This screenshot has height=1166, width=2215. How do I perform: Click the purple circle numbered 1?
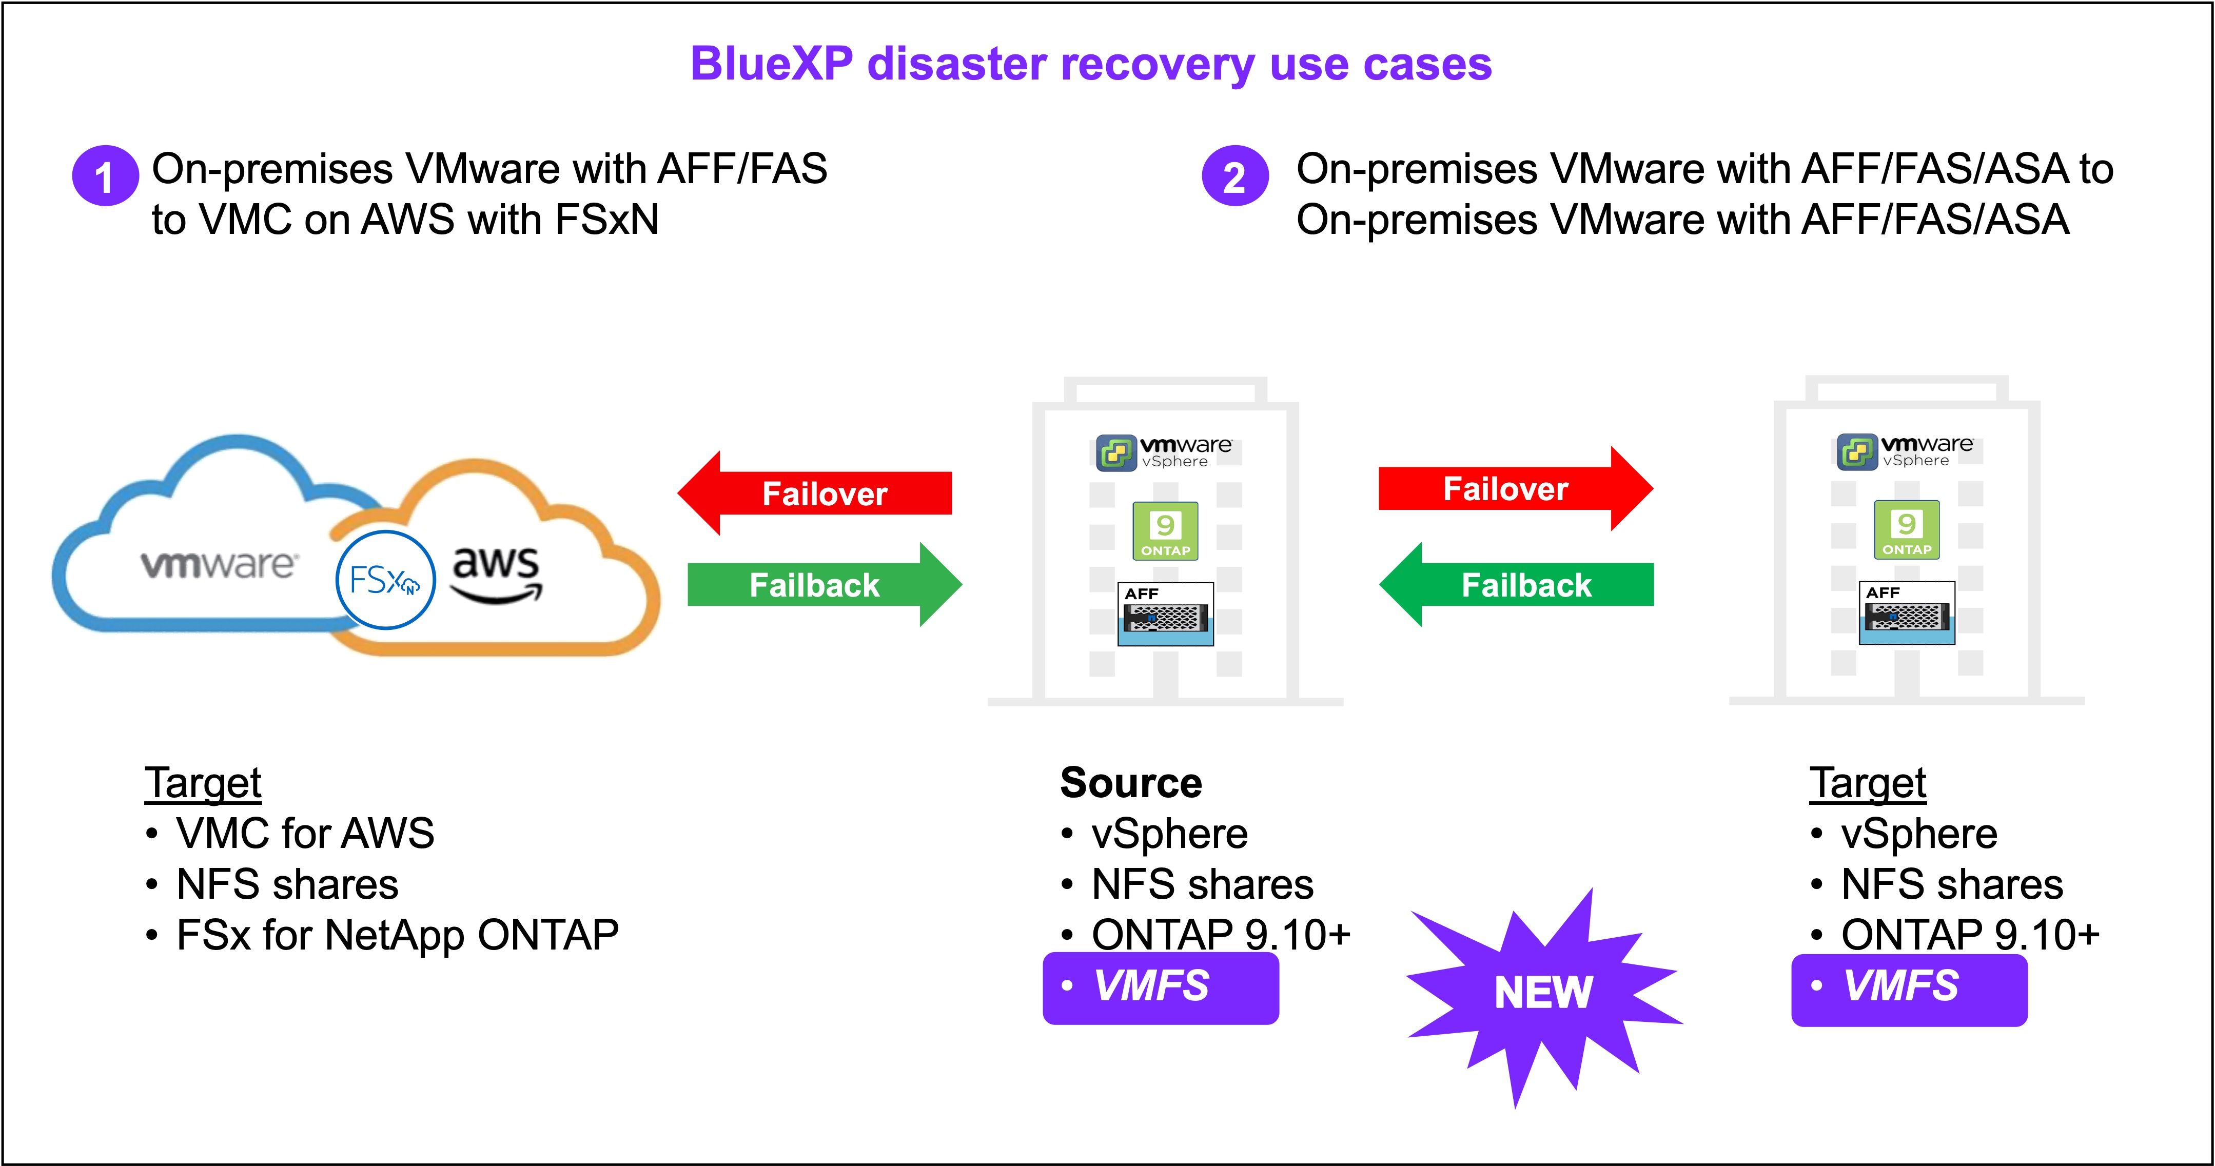pos(105,176)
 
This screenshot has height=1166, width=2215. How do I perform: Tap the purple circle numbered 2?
pos(1235,176)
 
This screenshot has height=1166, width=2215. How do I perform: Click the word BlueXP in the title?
pos(771,65)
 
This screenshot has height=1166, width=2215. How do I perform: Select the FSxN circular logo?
pos(385,580)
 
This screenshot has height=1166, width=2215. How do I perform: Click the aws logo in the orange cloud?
pos(496,572)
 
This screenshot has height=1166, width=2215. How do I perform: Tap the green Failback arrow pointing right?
pos(824,585)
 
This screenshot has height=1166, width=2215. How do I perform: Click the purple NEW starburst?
pos(1543,993)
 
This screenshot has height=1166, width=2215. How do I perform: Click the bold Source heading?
pos(1131,782)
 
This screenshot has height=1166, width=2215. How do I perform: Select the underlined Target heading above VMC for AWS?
pos(203,782)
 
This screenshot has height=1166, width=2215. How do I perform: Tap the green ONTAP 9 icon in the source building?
pos(1165,530)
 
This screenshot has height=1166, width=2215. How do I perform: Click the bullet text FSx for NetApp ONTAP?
pos(397,935)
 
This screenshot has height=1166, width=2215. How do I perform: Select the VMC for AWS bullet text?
pos(304,833)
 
